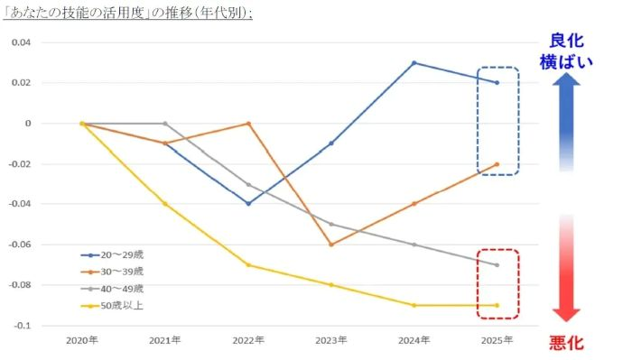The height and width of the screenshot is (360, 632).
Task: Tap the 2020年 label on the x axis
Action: coord(81,340)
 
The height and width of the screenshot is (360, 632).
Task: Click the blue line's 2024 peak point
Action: coord(414,63)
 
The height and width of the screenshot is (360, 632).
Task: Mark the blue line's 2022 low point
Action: coord(247,204)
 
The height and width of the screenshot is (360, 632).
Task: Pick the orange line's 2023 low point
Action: coord(330,245)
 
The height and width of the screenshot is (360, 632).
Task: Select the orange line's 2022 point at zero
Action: coord(247,124)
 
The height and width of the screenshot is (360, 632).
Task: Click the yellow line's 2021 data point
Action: coord(164,204)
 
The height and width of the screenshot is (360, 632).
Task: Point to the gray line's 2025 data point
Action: coord(497,264)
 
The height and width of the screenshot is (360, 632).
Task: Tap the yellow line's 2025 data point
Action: coord(497,305)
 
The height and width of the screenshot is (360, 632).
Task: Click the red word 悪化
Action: coord(566,344)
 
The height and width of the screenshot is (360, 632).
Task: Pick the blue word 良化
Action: coord(566,41)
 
